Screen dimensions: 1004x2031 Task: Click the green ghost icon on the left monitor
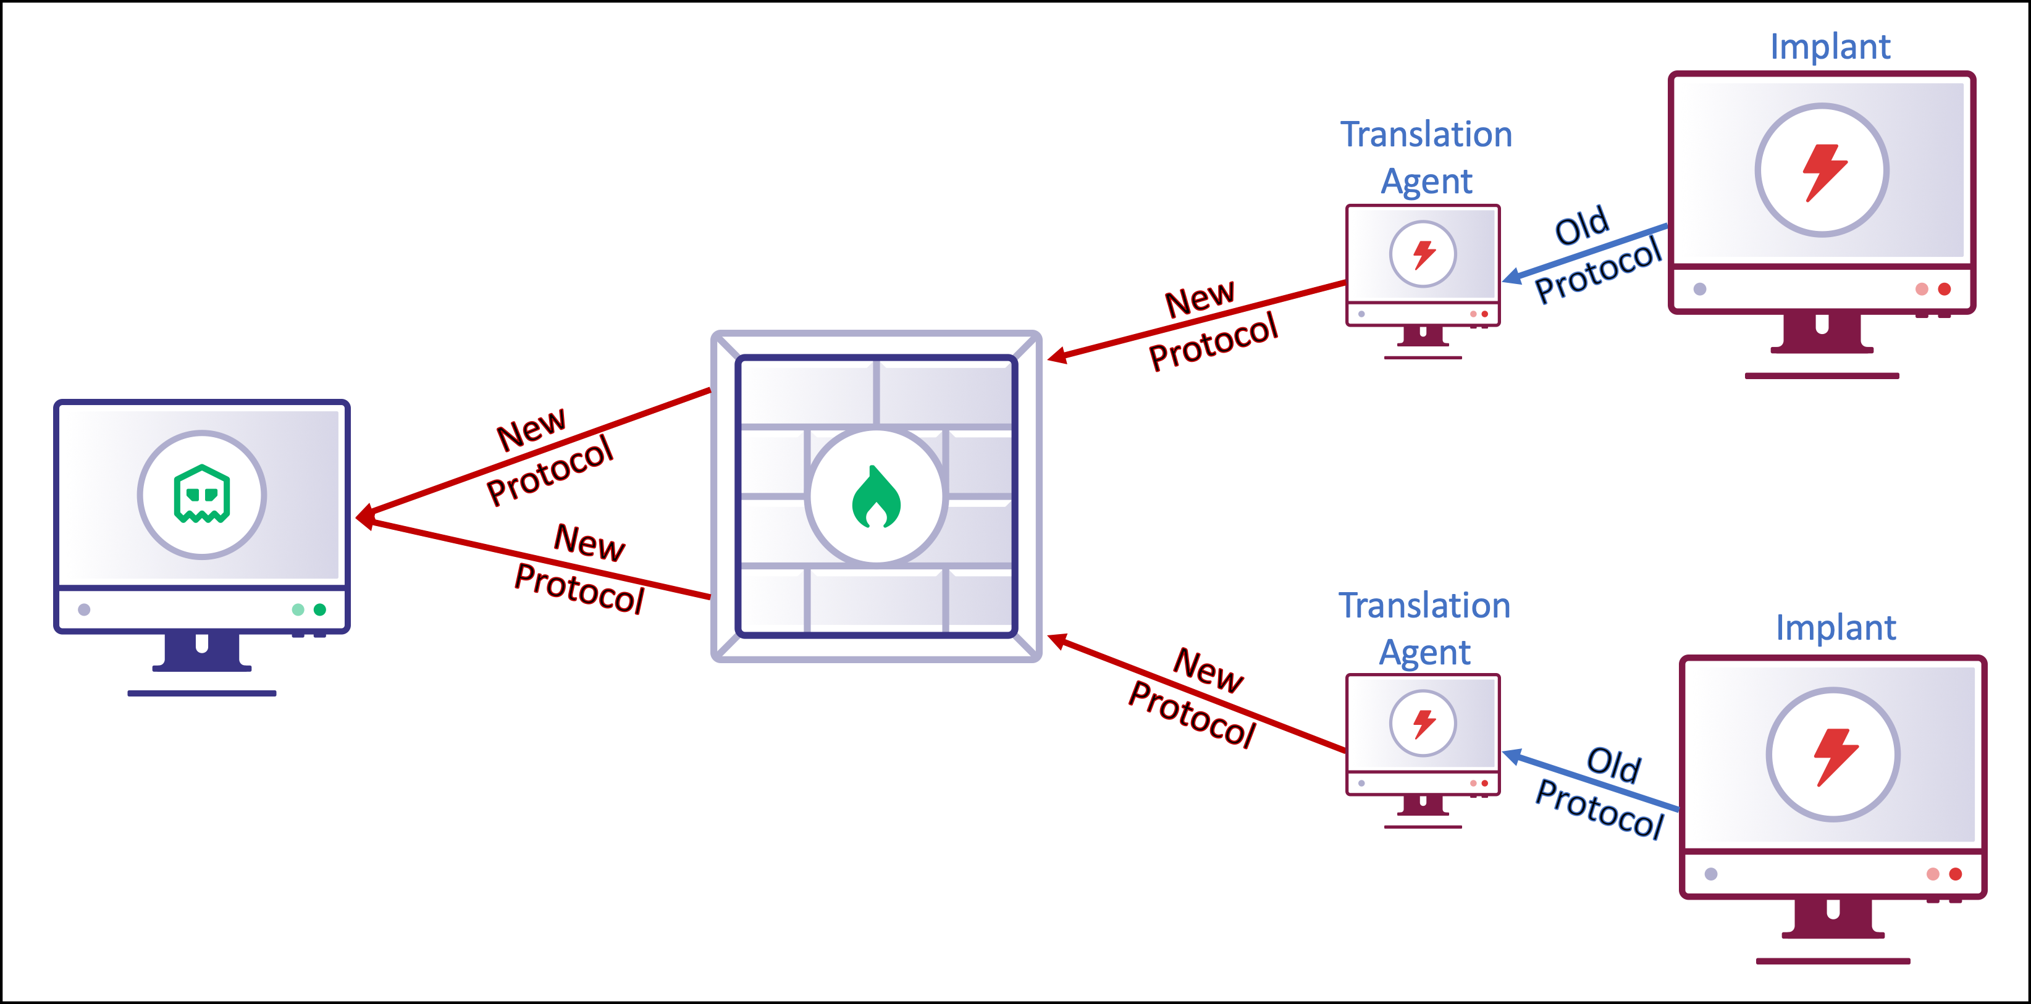coord(202,495)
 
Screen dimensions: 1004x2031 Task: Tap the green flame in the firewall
coord(876,498)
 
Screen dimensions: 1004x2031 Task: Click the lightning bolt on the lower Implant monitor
coord(1835,756)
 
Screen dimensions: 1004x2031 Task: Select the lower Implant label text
coord(1835,628)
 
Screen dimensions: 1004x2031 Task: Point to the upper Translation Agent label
coord(1426,157)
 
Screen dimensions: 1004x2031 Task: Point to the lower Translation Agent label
coord(1424,628)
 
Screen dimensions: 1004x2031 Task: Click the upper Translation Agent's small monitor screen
coord(1423,254)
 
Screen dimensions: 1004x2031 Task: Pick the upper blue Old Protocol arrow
coord(1585,252)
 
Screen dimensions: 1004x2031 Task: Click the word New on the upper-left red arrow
coord(531,430)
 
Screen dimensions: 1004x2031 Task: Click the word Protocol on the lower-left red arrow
coord(579,588)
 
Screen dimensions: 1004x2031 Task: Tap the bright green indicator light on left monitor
coord(319,609)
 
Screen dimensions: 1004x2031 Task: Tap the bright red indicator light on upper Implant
coord(1945,289)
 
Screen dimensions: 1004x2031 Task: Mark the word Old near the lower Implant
coord(1613,764)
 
